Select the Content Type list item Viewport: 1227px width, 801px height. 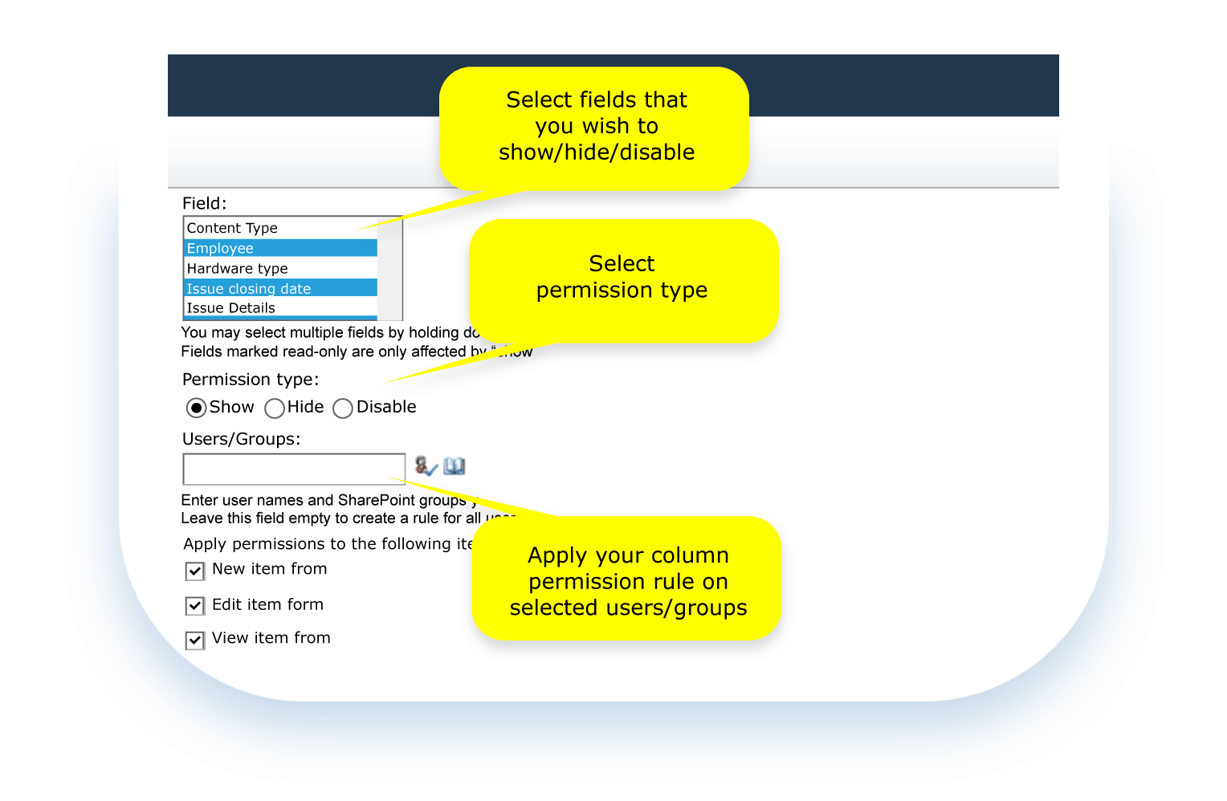click(x=232, y=228)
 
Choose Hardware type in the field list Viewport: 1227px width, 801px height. click(x=237, y=268)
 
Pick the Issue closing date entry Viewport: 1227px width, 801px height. click(x=248, y=288)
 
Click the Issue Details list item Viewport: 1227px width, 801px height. click(x=230, y=308)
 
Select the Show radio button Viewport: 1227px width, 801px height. click(x=196, y=408)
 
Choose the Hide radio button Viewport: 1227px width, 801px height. click(x=275, y=408)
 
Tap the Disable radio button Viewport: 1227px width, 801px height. click(x=343, y=408)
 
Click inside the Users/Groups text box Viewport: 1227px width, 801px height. click(x=294, y=469)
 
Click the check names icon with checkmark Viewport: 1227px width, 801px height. click(x=426, y=466)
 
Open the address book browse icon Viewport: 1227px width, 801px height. click(x=455, y=466)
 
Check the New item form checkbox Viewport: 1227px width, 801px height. click(x=195, y=571)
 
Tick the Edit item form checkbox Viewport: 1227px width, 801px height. click(x=195, y=605)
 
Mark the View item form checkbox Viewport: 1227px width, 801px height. click(x=195, y=640)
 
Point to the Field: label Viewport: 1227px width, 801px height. click(x=204, y=203)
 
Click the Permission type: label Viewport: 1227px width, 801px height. click(x=251, y=379)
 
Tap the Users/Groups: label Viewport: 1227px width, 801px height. click(x=241, y=439)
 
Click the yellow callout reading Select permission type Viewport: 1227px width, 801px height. click(x=622, y=278)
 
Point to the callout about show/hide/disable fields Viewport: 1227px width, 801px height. click(x=595, y=127)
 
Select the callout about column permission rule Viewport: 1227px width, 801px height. click(x=627, y=580)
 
